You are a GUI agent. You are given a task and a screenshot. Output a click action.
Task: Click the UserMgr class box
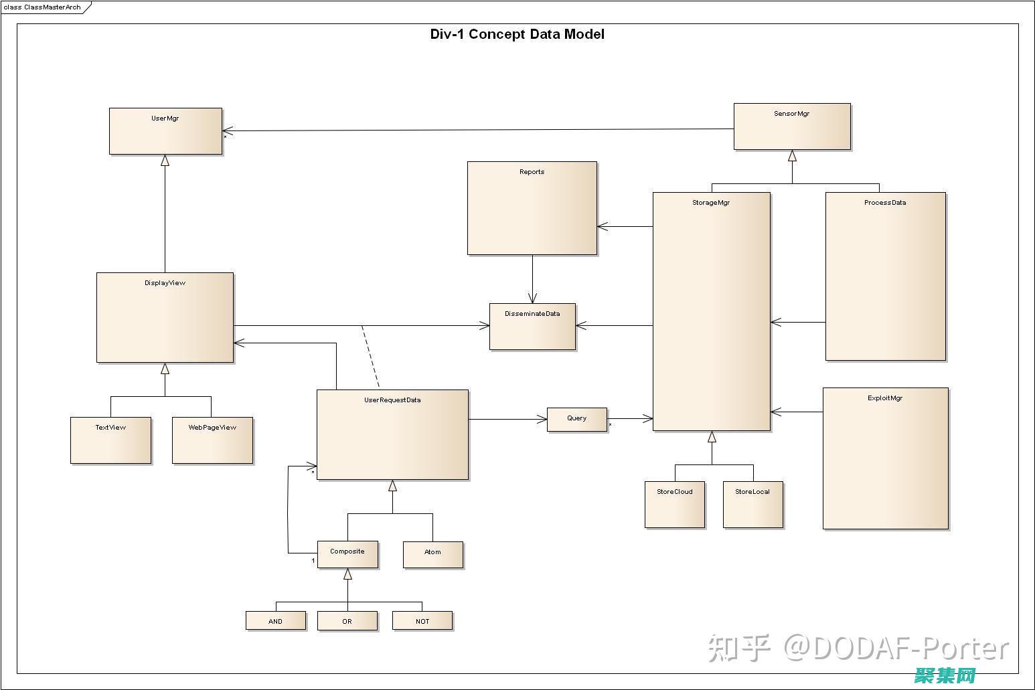coord(165,131)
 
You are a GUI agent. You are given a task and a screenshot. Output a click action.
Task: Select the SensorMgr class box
coord(792,126)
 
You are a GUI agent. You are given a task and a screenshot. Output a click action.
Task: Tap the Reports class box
coord(532,207)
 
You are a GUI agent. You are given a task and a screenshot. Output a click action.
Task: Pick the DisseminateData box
coord(532,327)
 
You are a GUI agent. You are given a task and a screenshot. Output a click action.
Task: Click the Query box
coord(577,420)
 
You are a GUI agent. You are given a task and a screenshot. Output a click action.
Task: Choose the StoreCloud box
coord(675,505)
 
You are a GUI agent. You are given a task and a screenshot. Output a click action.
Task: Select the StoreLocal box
coord(752,505)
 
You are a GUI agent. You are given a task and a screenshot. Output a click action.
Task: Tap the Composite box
coord(347,555)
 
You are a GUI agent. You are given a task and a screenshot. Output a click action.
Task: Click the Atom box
coord(432,555)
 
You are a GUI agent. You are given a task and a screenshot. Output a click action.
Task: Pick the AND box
coord(276,621)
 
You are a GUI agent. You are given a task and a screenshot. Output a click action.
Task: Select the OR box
coord(347,621)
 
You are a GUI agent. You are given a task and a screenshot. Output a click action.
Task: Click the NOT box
coord(422,621)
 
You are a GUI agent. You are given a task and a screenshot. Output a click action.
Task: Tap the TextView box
coord(110,440)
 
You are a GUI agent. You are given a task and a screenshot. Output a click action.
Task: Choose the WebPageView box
coord(212,440)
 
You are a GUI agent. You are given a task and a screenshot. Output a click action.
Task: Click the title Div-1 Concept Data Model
coord(517,34)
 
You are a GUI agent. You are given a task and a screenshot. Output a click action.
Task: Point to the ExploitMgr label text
coord(885,398)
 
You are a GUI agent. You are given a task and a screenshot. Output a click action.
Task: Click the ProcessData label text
coord(885,203)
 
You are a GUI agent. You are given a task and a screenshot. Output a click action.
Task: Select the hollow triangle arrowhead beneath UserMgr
coord(165,161)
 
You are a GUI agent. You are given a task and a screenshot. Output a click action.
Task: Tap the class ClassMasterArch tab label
coord(42,7)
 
